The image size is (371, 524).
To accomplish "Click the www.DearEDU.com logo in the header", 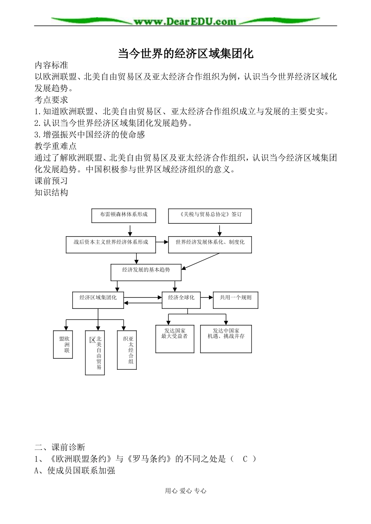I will click(185, 21).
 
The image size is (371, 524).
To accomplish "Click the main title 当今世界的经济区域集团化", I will click(185, 53).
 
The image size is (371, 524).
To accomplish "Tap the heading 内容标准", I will click(51, 65).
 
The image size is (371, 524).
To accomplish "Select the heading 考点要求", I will click(51, 100).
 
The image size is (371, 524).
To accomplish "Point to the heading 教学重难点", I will click(55, 146).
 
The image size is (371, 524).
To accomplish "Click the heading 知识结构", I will click(51, 192).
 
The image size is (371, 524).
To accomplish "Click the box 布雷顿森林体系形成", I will click(124, 216).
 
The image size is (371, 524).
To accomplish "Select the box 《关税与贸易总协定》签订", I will click(210, 216).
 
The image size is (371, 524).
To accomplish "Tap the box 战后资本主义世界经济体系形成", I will click(111, 244).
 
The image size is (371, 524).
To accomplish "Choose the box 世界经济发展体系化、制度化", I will click(210, 244).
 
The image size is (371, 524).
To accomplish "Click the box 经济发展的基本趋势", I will click(146, 272).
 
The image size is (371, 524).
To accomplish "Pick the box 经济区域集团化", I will click(98, 300).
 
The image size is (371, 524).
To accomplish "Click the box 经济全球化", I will click(181, 300).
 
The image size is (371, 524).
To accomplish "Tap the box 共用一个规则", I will click(235, 300).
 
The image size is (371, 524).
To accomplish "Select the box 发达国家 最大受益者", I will click(175, 339).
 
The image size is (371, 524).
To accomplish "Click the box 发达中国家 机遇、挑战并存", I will click(226, 339).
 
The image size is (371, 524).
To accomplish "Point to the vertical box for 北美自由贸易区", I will click(95, 353).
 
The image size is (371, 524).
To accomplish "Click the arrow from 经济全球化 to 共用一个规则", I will click(207, 298).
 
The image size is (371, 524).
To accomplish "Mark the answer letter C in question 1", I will click(245, 459).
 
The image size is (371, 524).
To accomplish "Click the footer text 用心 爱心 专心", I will click(185, 491).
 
